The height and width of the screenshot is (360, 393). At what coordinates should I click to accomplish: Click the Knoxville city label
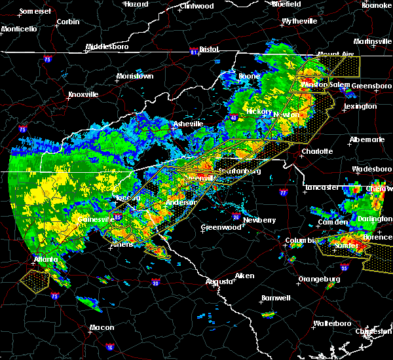click(x=83, y=94)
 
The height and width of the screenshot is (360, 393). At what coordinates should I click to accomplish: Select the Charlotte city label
click(x=317, y=151)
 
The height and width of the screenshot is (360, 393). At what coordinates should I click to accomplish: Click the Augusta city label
click(x=219, y=281)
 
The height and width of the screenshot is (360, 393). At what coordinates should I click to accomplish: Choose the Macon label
click(x=102, y=327)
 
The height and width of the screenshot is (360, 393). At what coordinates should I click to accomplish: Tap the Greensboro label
click(x=371, y=86)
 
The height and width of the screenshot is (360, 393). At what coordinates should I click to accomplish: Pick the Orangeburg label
click(x=319, y=279)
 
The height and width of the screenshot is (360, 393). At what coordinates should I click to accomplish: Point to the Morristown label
click(x=134, y=76)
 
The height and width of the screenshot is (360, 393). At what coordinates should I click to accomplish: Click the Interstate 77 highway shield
click(x=282, y=193)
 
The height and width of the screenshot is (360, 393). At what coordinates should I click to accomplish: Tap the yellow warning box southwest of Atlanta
click(x=34, y=280)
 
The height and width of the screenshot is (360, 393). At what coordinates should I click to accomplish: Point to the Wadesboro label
click(x=371, y=168)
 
